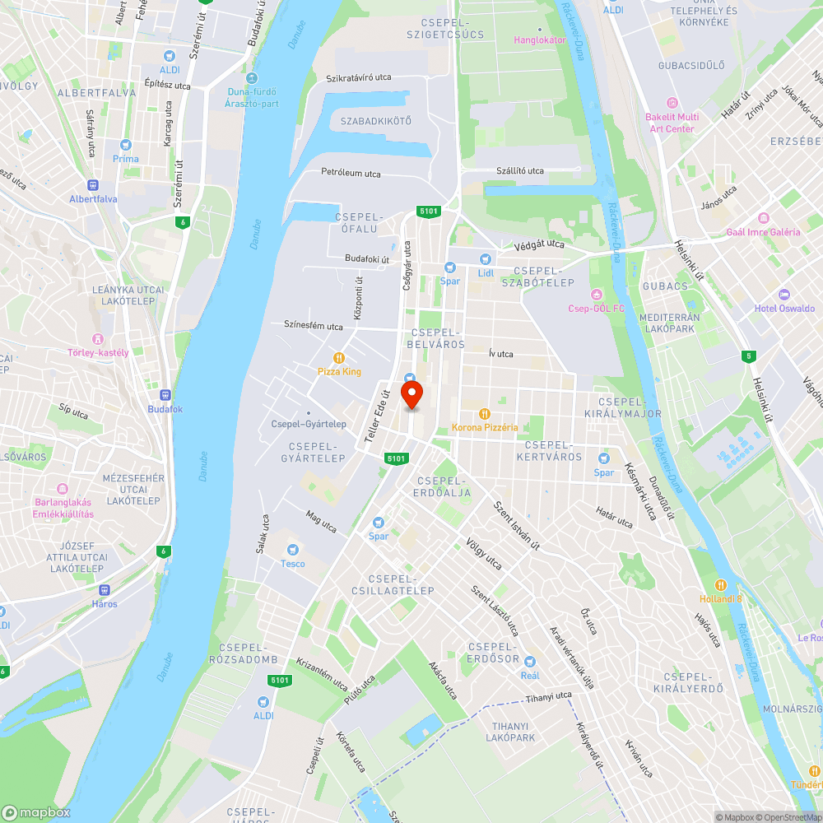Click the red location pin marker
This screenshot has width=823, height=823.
411,393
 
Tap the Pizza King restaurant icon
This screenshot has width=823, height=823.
338,357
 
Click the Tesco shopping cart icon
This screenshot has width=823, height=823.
291,550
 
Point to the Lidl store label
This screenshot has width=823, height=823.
486,272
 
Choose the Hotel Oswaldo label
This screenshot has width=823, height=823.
784,309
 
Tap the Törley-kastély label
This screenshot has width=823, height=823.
98,352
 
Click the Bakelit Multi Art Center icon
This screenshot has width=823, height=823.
672,104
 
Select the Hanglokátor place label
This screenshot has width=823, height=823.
540,40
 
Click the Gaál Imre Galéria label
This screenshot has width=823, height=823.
763,232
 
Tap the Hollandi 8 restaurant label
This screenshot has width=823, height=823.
721,598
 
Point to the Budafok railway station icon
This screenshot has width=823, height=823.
165,395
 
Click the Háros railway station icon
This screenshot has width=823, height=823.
105,589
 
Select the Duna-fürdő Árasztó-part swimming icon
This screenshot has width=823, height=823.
237,91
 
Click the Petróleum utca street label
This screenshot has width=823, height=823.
351,173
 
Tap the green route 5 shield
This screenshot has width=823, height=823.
747,356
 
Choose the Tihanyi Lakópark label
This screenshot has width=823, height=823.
511,732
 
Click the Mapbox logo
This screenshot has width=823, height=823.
35,812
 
